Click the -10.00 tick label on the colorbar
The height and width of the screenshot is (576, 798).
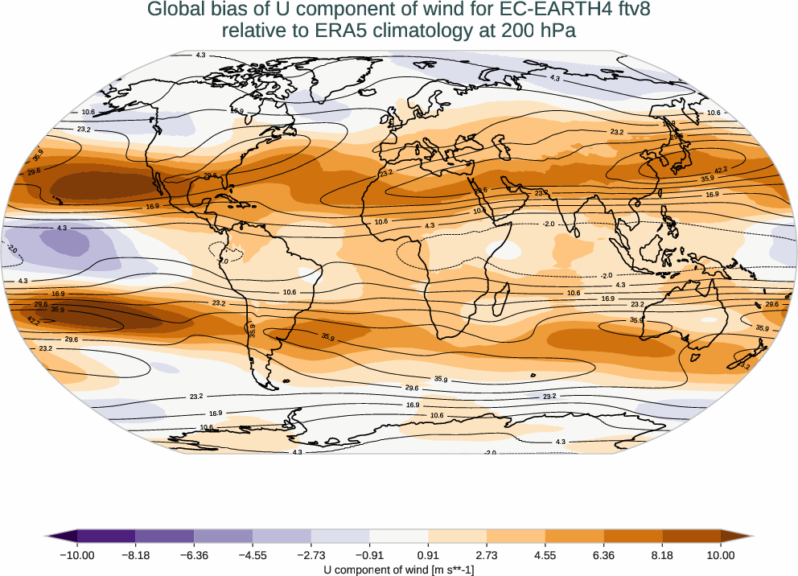[x=77, y=555]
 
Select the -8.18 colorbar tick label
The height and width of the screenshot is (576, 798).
[x=136, y=555]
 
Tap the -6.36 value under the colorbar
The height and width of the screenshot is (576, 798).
[x=194, y=555]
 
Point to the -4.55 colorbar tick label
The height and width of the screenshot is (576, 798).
[x=253, y=555]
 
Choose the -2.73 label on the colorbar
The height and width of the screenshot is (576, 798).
[x=311, y=555]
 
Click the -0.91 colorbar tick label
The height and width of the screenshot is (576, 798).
[x=369, y=555]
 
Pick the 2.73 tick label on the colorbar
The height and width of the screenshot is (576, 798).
[x=487, y=555]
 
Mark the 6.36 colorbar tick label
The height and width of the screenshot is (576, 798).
[x=603, y=555]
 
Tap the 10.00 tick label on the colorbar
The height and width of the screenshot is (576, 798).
[x=721, y=555]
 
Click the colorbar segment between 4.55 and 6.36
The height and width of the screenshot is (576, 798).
[x=574, y=536]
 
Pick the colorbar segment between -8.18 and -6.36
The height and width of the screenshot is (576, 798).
[x=165, y=536]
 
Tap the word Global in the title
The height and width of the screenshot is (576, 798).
[x=175, y=10]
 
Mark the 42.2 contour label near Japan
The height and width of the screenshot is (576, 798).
[x=721, y=170]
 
